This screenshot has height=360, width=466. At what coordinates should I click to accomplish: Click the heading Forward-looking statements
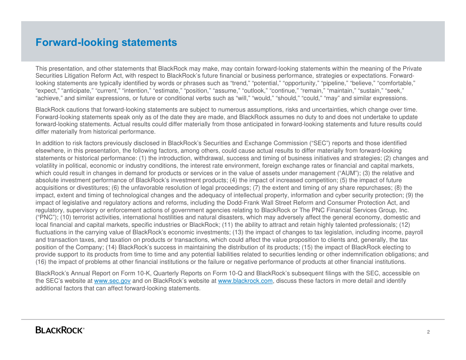(106, 42)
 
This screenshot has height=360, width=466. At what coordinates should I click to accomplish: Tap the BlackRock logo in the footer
(60, 330)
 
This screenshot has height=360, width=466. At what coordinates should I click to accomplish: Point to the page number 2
(428, 332)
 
